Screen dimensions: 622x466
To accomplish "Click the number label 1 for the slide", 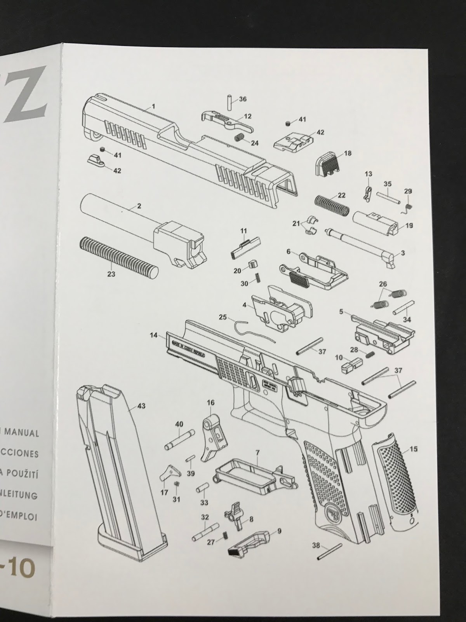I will pos(153,106).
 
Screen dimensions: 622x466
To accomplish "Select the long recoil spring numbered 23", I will pos(118,257).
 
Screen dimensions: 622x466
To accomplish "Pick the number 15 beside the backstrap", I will pos(414,449).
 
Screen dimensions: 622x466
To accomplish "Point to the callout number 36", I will pos(243,99).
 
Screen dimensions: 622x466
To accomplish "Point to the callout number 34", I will pos(407,320).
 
